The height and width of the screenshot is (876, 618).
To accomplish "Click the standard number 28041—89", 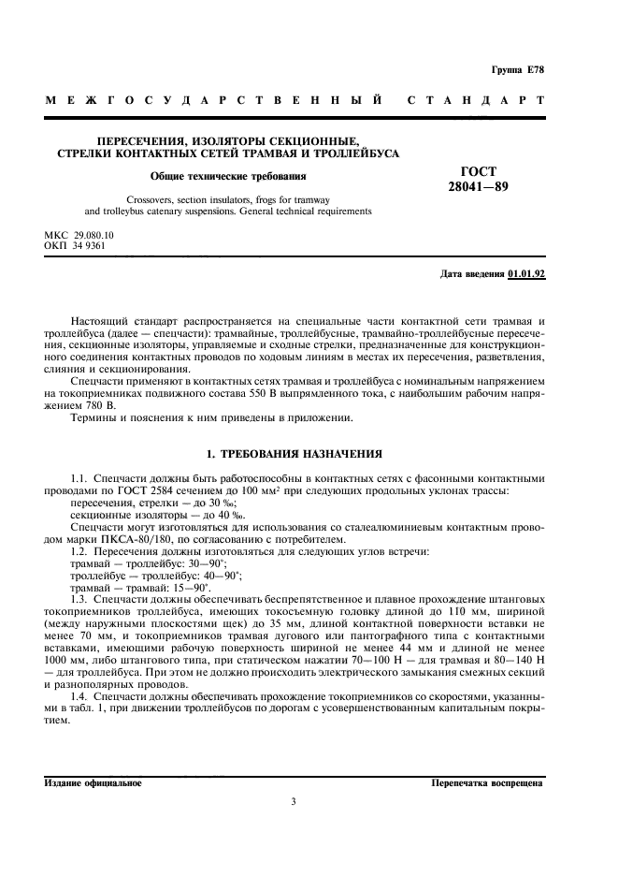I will click(479, 186).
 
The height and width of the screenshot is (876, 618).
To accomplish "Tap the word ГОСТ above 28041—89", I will click(479, 171).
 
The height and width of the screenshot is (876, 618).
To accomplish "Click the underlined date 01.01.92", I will click(526, 274).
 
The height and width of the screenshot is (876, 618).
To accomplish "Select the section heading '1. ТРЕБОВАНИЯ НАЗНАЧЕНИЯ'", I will click(294, 454).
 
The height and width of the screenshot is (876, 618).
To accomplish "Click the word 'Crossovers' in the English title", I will click(153, 199).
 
